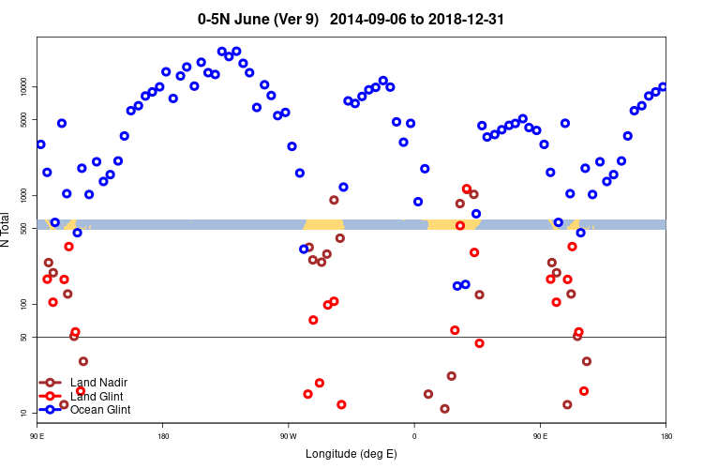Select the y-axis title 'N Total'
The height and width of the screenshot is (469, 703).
coord(8,231)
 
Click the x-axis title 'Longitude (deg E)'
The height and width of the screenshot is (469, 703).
coord(351,454)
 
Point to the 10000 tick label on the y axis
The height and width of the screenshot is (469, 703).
coord(24,86)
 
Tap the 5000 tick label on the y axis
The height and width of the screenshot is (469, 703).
coord(24,119)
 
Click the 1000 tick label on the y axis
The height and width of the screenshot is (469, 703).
coord(24,195)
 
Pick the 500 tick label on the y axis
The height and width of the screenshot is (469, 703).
coord(24,228)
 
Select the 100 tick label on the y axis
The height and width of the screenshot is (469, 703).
coord(24,304)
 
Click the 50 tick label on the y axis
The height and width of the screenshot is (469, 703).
coord(24,337)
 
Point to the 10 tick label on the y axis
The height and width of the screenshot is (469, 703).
coord(24,413)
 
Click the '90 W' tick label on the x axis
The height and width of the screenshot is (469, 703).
coord(288,436)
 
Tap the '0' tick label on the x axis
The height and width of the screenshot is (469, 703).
coord(414,436)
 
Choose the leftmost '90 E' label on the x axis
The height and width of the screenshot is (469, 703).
coord(37,436)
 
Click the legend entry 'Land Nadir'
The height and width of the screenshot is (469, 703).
coord(98,383)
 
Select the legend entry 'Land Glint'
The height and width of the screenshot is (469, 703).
coord(97,396)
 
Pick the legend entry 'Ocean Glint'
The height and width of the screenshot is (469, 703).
coord(100,410)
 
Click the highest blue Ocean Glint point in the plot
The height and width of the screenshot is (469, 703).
coord(222,52)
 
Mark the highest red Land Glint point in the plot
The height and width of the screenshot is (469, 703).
coord(467,189)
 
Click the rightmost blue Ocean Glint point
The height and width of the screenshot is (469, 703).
coord(663,87)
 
